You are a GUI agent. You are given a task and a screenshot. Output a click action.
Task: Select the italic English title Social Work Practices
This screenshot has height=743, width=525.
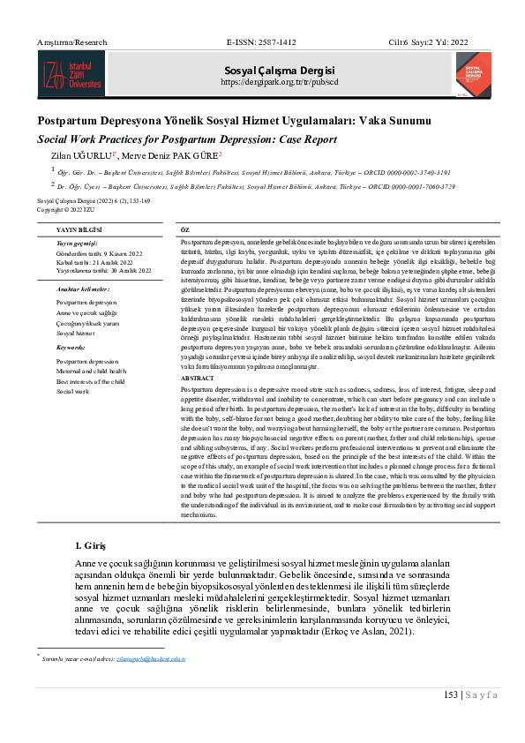coord(187,139)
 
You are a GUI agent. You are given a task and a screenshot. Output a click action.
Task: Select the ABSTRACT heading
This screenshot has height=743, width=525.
coord(196,378)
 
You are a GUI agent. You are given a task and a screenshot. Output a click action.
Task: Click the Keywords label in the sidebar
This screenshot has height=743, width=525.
coord(71,349)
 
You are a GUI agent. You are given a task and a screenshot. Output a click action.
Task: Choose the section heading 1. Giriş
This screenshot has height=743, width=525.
coord(93,544)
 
